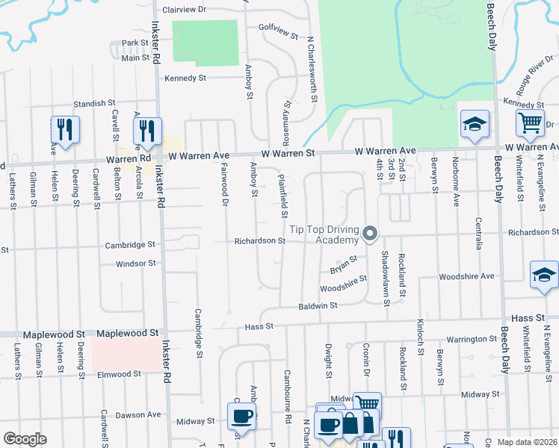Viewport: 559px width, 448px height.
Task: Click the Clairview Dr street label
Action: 184,9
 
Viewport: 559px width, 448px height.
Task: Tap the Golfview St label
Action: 278,36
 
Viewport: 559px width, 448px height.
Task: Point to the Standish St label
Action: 94,104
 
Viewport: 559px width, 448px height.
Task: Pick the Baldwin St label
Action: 318,305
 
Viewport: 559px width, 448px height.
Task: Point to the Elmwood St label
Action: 117,374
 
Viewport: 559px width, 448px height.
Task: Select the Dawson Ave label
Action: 139,414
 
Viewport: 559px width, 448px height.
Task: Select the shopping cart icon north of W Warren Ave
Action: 530,123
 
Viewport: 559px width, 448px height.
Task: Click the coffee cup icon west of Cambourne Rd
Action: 241,416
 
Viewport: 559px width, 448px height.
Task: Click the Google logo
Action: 25,438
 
